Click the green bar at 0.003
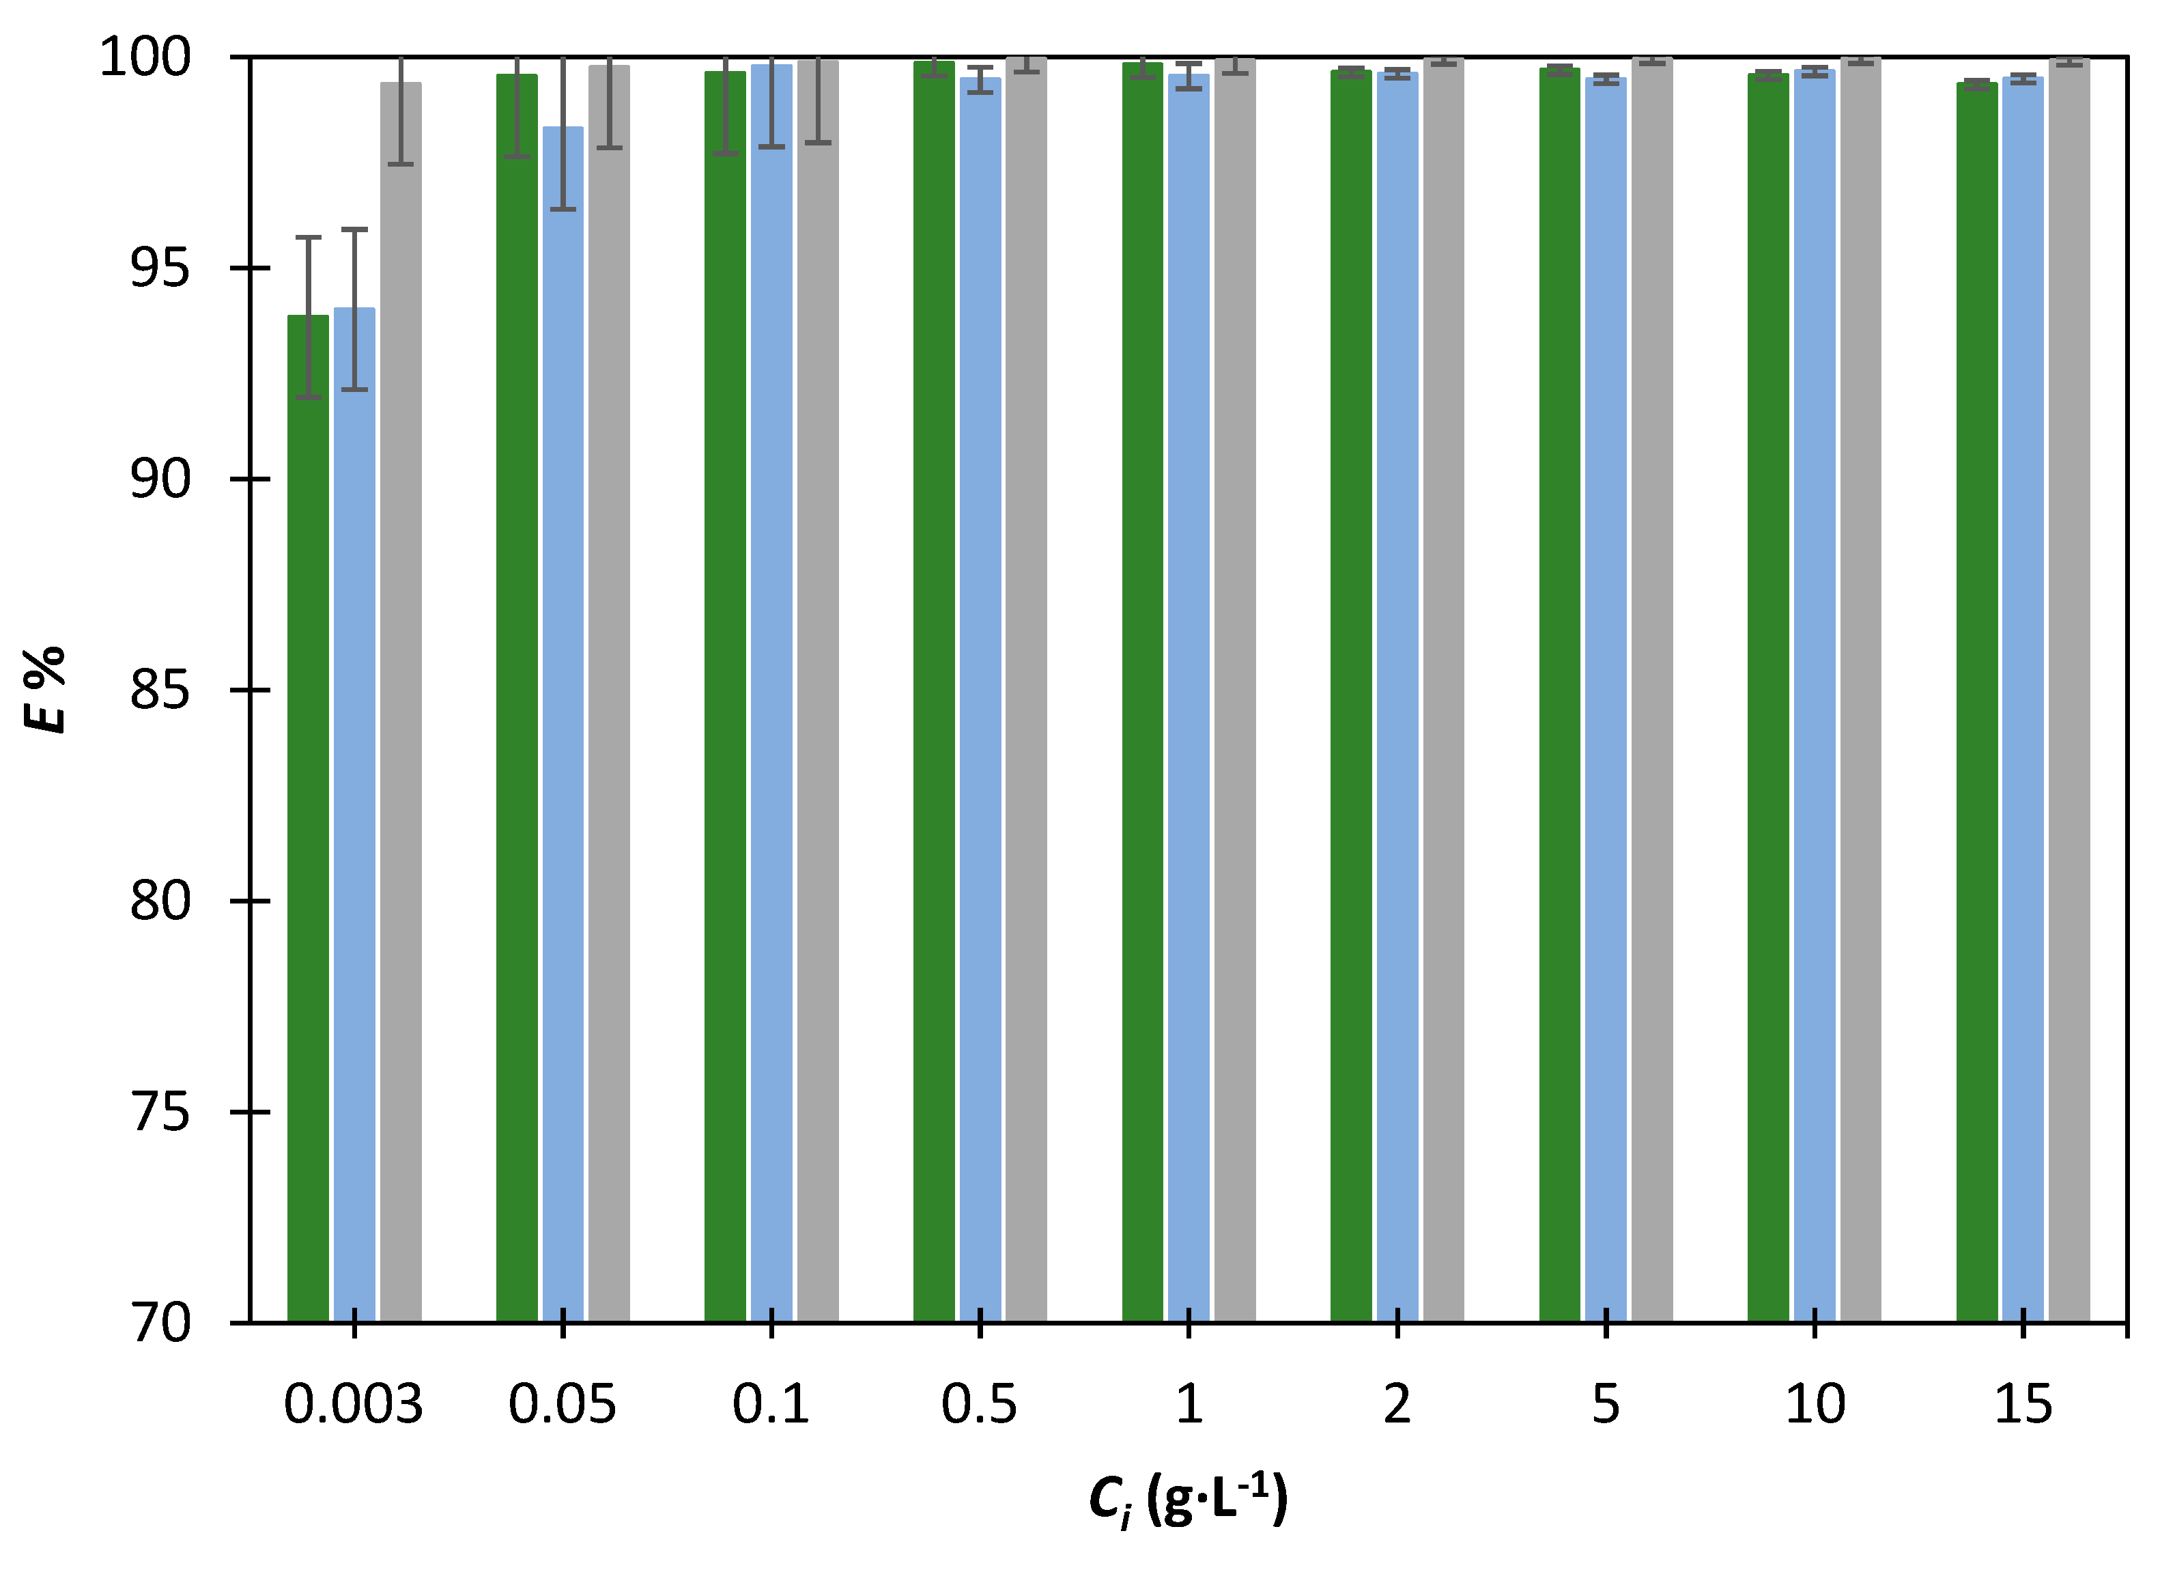pyautogui.click(x=308, y=815)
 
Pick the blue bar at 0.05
pyautogui.click(x=563, y=719)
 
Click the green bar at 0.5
pyautogui.click(x=933, y=690)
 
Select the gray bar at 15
pyautogui.click(x=2069, y=690)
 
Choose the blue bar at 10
pyautogui.click(x=1815, y=690)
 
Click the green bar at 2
pyautogui.click(x=1350, y=690)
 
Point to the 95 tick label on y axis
pyautogui.click(x=160, y=268)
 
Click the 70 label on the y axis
pyautogui.click(x=160, y=1323)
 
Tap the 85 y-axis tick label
pyautogui.click(x=160, y=690)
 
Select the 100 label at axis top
pyautogui.click(x=146, y=57)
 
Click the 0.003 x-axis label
pyautogui.click(x=353, y=1405)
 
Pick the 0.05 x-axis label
pyautogui.click(x=562, y=1405)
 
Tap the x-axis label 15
pyautogui.click(x=2023, y=1405)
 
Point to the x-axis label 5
pyautogui.click(x=1606, y=1405)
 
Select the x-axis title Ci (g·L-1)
pyautogui.click(x=1187, y=1499)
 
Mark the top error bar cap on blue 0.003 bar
pyautogui.click(x=355, y=229)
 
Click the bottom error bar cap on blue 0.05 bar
pyautogui.click(x=563, y=209)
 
